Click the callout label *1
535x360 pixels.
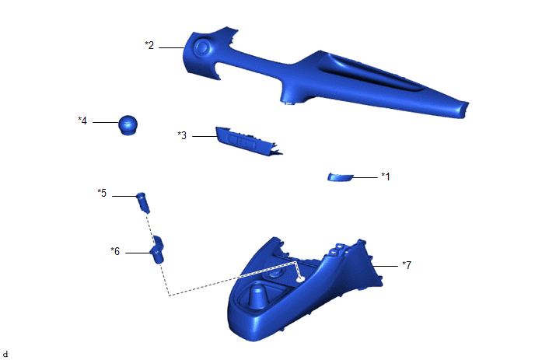coord(385,177)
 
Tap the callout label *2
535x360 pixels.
coord(149,45)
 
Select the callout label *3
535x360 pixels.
coord(182,135)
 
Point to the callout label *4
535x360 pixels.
coord(82,121)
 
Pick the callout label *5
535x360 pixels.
coord(102,193)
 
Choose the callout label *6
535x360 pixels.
coord(115,251)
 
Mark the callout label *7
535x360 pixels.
coord(407,265)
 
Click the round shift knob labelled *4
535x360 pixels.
coord(128,125)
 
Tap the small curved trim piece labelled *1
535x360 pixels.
coord(340,177)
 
